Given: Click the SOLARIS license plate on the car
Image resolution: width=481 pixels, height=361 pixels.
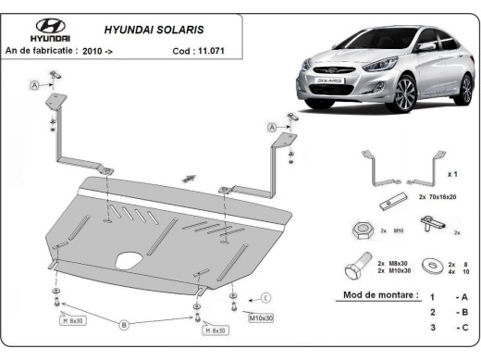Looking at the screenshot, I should click(330, 81).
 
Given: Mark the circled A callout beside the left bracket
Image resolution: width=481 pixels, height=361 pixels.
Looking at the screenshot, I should click(35, 85).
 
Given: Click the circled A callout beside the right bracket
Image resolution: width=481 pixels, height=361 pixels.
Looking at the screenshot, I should click(273, 127).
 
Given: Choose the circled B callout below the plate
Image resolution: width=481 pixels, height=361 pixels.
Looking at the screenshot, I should click(123, 324).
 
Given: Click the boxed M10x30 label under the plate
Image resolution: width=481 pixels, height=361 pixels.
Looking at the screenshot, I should click(261, 317).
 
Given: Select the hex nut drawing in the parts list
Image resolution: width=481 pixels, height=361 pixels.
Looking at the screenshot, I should click(362, 228).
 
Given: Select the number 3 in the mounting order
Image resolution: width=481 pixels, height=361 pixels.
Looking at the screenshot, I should click(432, 328).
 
